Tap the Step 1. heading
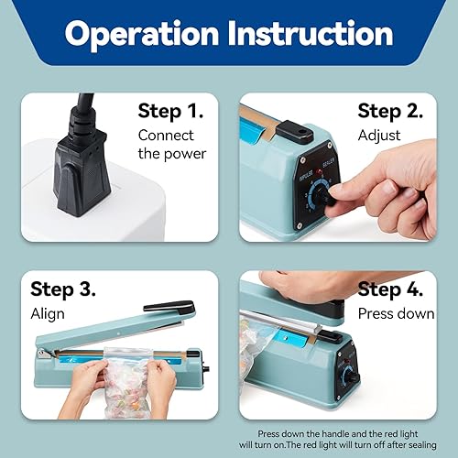pyautogui.click(x=172, y=112)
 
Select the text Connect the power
pyautogui.click(x=172, y=144)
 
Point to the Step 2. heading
pyautogui.click(x=390, y=112)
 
